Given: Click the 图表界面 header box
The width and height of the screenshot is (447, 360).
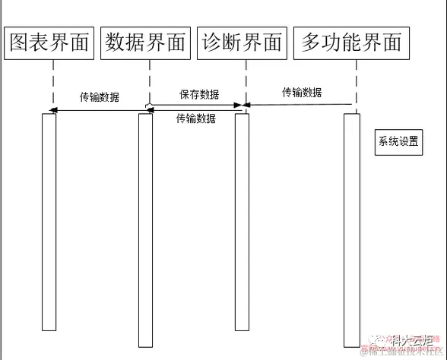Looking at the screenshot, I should click(x=49, y=43).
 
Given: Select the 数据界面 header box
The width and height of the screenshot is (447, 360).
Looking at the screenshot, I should click(x=146, y=43).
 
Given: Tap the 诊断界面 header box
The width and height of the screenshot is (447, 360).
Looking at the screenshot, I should click(x=242, y=43).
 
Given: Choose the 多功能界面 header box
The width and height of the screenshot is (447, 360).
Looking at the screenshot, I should click(x=351, y=43).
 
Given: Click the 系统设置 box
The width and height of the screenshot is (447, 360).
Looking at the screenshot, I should click(x=398, y=141).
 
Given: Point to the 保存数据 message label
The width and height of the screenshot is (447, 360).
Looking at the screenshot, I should click(x=199, y=95).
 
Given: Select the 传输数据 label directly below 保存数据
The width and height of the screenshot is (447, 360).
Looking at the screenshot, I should click(x=195, y=118).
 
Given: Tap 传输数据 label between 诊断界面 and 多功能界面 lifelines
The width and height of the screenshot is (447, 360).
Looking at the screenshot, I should click(x=302, y=93).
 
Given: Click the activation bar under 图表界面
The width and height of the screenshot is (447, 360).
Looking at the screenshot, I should click(x=49, y=220).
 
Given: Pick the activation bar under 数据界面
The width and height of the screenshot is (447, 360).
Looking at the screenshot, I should click(x=145, y=228).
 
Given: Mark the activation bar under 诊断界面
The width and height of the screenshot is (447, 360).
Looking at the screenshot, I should click(x=242, y=220).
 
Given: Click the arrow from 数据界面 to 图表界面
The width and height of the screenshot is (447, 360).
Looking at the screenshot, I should click(x=99, y=112).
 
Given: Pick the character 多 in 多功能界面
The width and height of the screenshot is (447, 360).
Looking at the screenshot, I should click(x=311, y=43).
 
